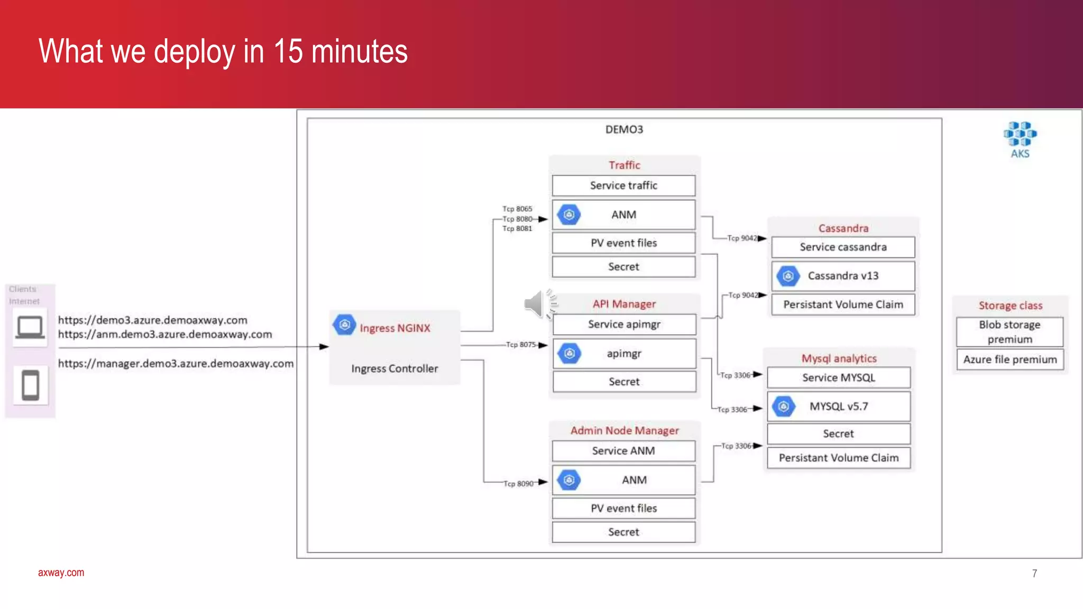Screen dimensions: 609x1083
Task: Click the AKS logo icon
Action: tap(1020, 134)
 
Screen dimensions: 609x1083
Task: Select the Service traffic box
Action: tap(623, 186)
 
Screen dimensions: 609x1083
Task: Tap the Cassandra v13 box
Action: tap(843, 276)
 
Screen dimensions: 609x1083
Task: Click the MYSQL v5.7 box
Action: tap(839, 407)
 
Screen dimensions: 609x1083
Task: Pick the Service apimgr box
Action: tap(624, 325)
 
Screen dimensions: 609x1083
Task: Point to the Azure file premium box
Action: tap(1009, 359)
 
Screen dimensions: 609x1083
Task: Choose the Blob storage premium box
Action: tap(1009, 331)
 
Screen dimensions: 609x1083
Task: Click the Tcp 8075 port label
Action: tap(521, 345)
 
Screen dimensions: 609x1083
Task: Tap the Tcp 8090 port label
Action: tap(518, 484)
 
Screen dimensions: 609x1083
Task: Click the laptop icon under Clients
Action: tap(30, 327)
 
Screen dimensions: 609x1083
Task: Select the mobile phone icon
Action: tap(30, 385)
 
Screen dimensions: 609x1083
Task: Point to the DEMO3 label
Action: tap(624, 130)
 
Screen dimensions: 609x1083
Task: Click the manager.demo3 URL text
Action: tap(176, 364)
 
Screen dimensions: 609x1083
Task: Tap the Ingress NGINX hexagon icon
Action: tap(344, 325)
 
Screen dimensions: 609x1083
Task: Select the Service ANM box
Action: tap(623, 451)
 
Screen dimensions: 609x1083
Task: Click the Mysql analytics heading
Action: tap(839, 358)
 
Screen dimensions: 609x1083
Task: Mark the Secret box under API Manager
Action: tap(624, 382)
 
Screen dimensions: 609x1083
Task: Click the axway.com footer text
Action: tap(61, 573)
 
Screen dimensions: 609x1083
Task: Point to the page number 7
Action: tap(1034, 574)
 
